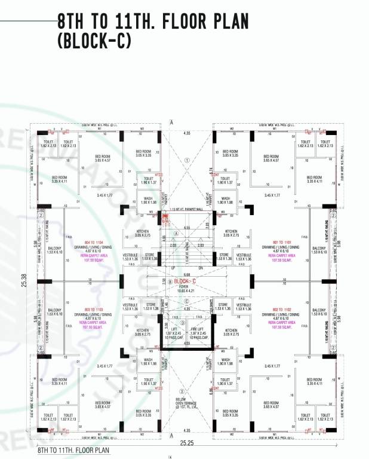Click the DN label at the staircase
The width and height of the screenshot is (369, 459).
(x=201, y=268)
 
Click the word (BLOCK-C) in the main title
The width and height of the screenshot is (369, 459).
(x=94, y=39)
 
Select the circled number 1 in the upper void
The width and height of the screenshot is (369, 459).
(x=187, y=160)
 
